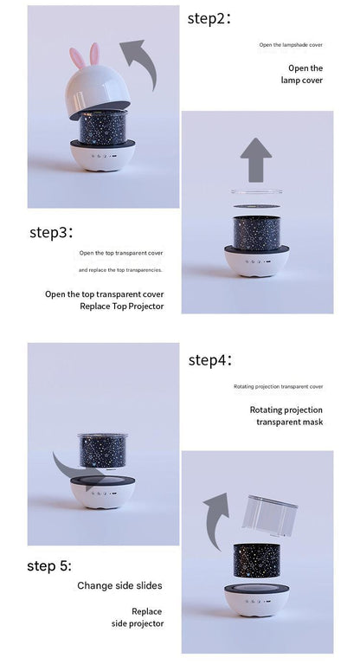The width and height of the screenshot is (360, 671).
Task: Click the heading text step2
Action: [x=209, y=19]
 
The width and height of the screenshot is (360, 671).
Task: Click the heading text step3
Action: [x=51, y=232]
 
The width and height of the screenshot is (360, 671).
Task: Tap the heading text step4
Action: [x=210, y=360]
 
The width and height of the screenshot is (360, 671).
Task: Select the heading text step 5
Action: [x=49, y=565]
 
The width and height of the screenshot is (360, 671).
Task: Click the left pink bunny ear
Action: [x=77, y=59]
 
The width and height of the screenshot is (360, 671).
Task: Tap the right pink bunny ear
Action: [x=94, y=54]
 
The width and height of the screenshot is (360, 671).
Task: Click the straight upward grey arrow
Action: [x=256, y=159]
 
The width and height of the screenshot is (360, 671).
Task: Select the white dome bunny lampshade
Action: [x=98, y=92]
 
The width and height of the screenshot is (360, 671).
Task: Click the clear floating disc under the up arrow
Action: [x=257, y=191]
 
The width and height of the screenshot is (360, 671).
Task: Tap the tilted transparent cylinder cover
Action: [x=270, y=516]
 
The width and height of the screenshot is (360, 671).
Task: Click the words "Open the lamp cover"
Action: [x=302, y=74]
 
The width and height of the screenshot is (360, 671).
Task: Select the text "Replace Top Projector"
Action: [x=122, y=306]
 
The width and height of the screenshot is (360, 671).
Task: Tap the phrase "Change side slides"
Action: [x=119, y=585]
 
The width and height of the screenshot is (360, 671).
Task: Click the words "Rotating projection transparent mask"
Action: [x=286, y=416]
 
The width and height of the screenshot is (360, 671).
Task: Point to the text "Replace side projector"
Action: [x=138, y=617]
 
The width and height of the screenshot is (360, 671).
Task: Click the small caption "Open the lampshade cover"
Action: [x=291, y=44]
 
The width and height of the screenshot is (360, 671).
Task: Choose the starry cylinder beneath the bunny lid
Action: [x=103, y=126]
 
